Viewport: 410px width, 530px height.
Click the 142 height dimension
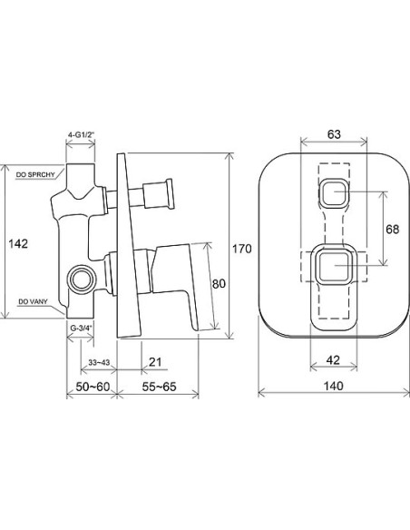pos(18,243)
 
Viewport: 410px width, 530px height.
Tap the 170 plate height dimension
pos(242,249)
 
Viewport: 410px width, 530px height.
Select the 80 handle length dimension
pos(219,283)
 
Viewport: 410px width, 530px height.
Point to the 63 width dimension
pos(334,134)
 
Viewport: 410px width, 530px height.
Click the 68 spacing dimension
pos(392,229)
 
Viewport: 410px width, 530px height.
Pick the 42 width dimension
pos(333,360)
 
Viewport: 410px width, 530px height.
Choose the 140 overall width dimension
pos(333,386)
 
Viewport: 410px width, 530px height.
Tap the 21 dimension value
pos(155,362)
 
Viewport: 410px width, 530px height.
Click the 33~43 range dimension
pos(99,362)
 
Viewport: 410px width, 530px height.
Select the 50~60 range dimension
pos(93,387)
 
